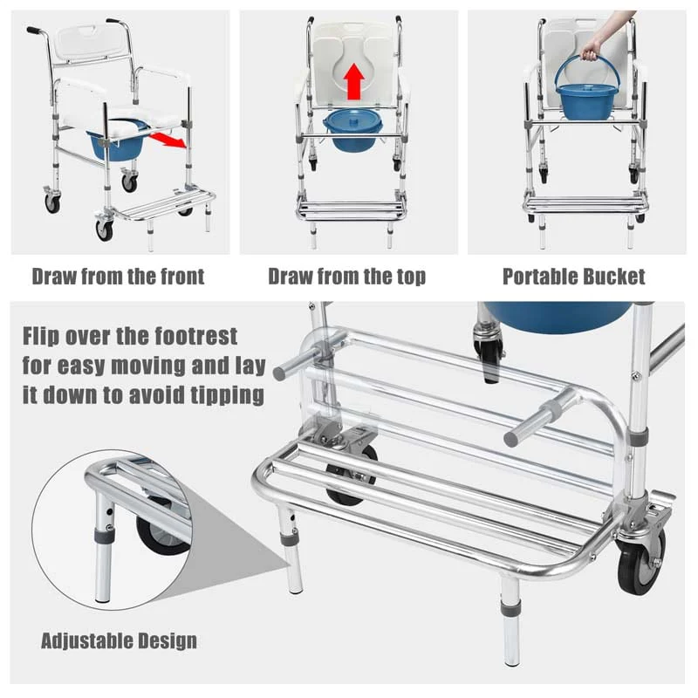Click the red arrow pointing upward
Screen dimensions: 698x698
[353, 82]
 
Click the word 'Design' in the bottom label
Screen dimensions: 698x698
[168, 640]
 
